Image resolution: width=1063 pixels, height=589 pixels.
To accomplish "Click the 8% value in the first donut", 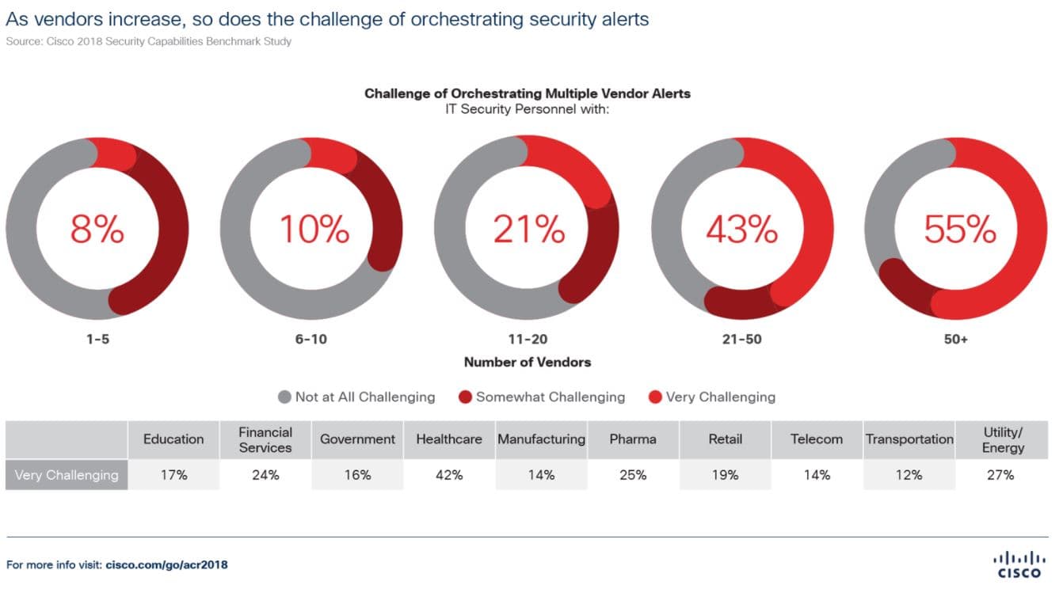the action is tap(97, 230).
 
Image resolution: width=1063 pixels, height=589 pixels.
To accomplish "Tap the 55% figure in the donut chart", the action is tap(960, 230).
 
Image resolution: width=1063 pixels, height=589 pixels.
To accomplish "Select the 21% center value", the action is tap(528, 230).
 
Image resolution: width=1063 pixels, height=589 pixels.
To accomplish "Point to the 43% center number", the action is tap(742, 230).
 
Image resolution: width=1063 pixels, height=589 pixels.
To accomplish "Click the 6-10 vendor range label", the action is tap(311, 339).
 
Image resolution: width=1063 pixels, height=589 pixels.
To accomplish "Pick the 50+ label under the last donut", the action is tap(956, 339).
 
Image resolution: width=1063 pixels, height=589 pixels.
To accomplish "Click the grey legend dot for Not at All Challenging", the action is tap(284, 397).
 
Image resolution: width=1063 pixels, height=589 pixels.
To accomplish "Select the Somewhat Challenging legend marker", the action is tap(465, 397).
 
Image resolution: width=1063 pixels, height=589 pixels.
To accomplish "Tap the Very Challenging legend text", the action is tap(720, 397).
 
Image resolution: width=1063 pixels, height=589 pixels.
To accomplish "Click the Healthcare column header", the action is tap(449, 439).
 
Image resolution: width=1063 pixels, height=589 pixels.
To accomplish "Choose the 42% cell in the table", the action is tap(449, 475).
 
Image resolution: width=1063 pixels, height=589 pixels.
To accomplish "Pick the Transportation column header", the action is tap(909, 439).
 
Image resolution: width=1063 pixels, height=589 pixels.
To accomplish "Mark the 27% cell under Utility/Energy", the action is tap(1000, 475).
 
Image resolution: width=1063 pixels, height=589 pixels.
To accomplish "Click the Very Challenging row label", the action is tap(67, 475).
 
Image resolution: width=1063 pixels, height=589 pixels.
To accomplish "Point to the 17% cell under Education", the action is tap(173, 475).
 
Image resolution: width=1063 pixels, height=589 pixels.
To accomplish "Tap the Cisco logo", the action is tap(1019, 564).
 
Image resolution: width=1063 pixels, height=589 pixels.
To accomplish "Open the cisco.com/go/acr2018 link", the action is tap(166, 564).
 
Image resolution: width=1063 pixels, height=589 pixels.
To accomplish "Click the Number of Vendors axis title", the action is tap(528, 363).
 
